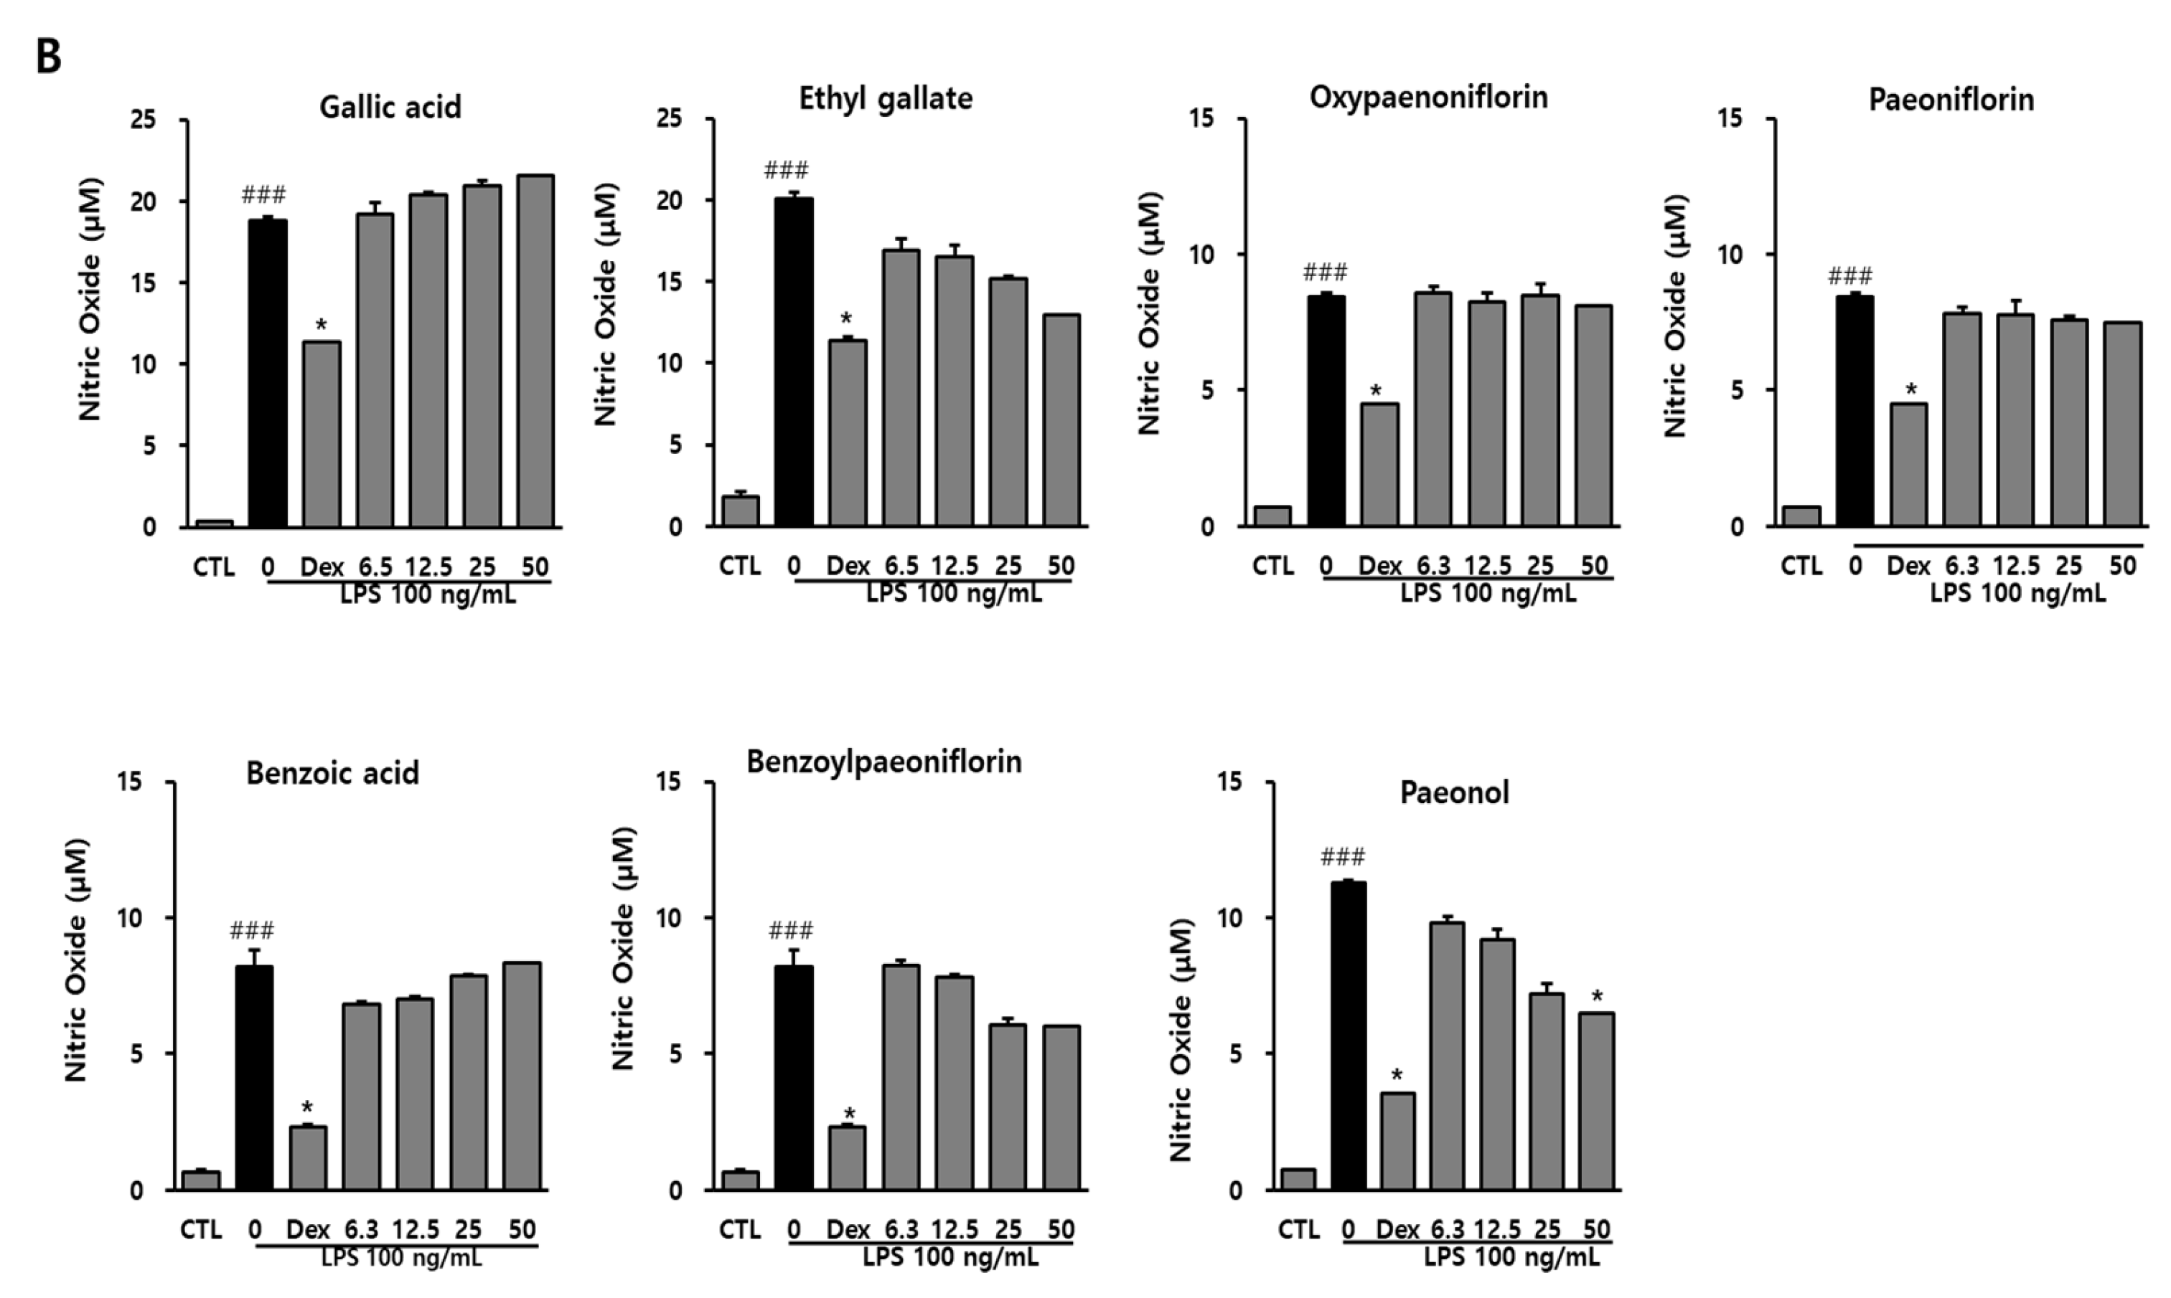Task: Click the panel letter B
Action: tap(48, 57)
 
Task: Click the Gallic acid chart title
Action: tap(390, 107)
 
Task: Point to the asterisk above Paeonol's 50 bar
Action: tap(1597, 996)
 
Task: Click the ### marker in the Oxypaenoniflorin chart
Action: tap(1325, 272)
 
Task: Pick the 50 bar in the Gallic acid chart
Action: tap(535, 351)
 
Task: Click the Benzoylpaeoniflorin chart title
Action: tap(883, 762)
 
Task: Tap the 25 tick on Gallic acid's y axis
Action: tap(143, 119)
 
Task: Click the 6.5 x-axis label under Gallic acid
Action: tap(375, 567)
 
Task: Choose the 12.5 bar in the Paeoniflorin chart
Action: tap(2015, 420)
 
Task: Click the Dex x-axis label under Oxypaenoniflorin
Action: tap(1379, 567)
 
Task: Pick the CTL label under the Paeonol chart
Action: tap(1298, 1230)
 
